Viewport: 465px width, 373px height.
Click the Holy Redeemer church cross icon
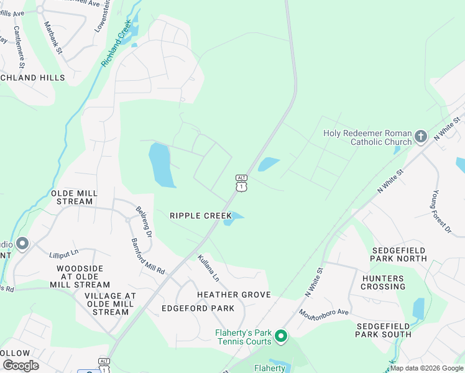[x=421, y=136]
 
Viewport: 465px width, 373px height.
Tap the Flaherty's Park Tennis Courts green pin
[x=281, y=337]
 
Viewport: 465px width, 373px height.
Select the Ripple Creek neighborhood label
[x=201, y=216]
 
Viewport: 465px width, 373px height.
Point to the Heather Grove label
[x=234, y=294]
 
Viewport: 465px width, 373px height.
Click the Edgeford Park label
[x=198, y=308]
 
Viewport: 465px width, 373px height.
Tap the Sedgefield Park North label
[x=399, y=254]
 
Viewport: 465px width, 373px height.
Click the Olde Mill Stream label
[x=75, y=197]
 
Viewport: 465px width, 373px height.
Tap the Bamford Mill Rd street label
[x=148, y=256]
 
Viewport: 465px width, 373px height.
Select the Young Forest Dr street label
[x=441, y=212]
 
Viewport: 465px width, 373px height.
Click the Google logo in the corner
[x=20, y=365]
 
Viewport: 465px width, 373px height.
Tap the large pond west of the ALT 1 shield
[x=161, y=165]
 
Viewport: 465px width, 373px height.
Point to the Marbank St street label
[x=53, y=37]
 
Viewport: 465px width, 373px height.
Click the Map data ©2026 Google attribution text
[x=426, y=368]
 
